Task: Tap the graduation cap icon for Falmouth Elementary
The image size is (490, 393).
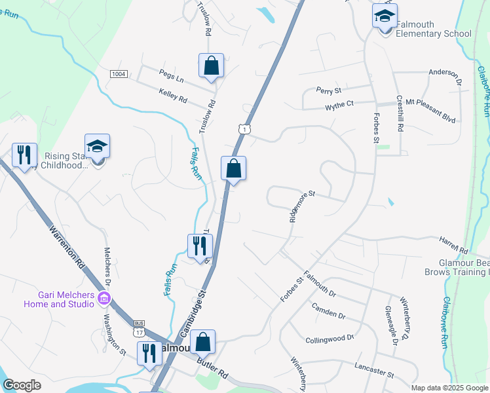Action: tap(385, 16)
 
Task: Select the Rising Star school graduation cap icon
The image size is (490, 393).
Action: tap(97, 146)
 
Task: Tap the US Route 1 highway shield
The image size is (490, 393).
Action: tap(244, 130)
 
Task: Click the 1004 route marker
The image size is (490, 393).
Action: tap(118, 74)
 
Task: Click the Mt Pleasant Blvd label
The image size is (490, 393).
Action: tap(430, 102)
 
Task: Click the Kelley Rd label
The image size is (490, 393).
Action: tap(173, 97)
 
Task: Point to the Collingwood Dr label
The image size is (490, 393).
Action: tap(330, 339)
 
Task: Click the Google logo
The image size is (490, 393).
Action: tap(22, 385)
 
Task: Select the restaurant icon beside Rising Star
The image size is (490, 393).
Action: tap(24, 155)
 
